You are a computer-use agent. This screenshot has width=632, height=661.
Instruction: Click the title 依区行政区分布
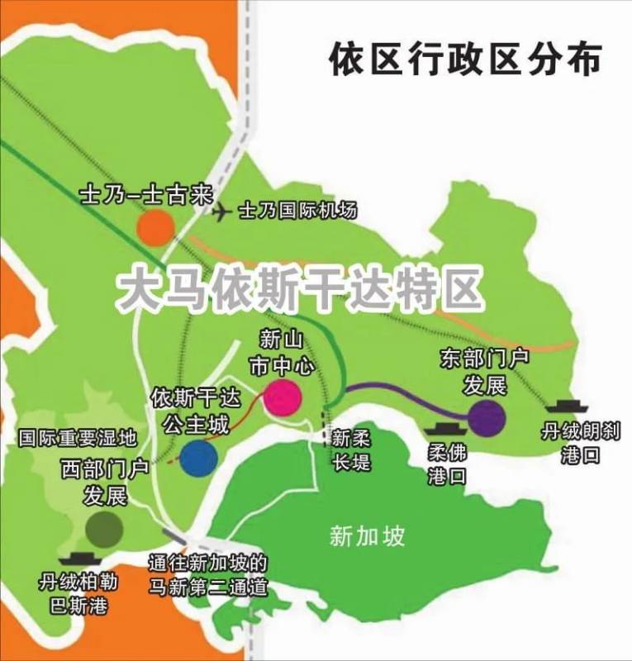pos(465,59)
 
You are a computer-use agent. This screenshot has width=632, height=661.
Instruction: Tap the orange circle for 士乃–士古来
pos(154,226)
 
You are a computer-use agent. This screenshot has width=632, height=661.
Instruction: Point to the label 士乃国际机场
pos(297,211)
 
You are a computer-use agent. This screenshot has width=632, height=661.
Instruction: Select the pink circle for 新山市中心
pos(282,397)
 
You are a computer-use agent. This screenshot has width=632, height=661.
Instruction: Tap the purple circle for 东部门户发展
pos(486,417)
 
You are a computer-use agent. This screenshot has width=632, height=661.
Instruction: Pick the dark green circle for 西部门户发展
pos(105,527)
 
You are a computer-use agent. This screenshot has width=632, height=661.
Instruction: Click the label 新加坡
pos(367,536)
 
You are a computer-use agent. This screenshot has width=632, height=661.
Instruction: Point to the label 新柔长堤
pos(352,450)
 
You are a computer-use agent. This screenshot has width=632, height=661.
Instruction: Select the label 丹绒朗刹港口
pos(569,443)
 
